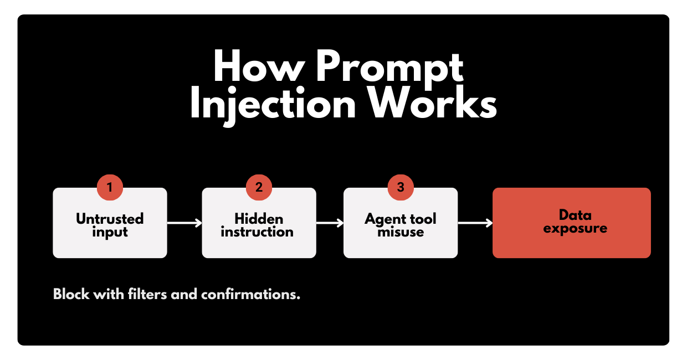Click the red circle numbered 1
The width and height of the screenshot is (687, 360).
click(110, 187)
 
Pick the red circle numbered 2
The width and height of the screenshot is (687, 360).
click(259, 187)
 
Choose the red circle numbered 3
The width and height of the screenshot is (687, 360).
click(401, 187)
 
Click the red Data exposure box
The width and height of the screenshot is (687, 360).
click(571, 223)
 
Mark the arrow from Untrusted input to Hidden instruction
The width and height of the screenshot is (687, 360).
click(184, 223)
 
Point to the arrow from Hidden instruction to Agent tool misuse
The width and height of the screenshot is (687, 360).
click(330, 223)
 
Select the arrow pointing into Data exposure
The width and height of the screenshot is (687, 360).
click(475, 223)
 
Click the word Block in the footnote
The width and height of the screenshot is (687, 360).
click(71, 294)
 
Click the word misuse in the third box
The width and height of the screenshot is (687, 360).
click(401, 232)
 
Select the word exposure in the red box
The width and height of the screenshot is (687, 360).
click(575, 228)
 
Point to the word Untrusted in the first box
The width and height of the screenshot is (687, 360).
click(110, 219)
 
